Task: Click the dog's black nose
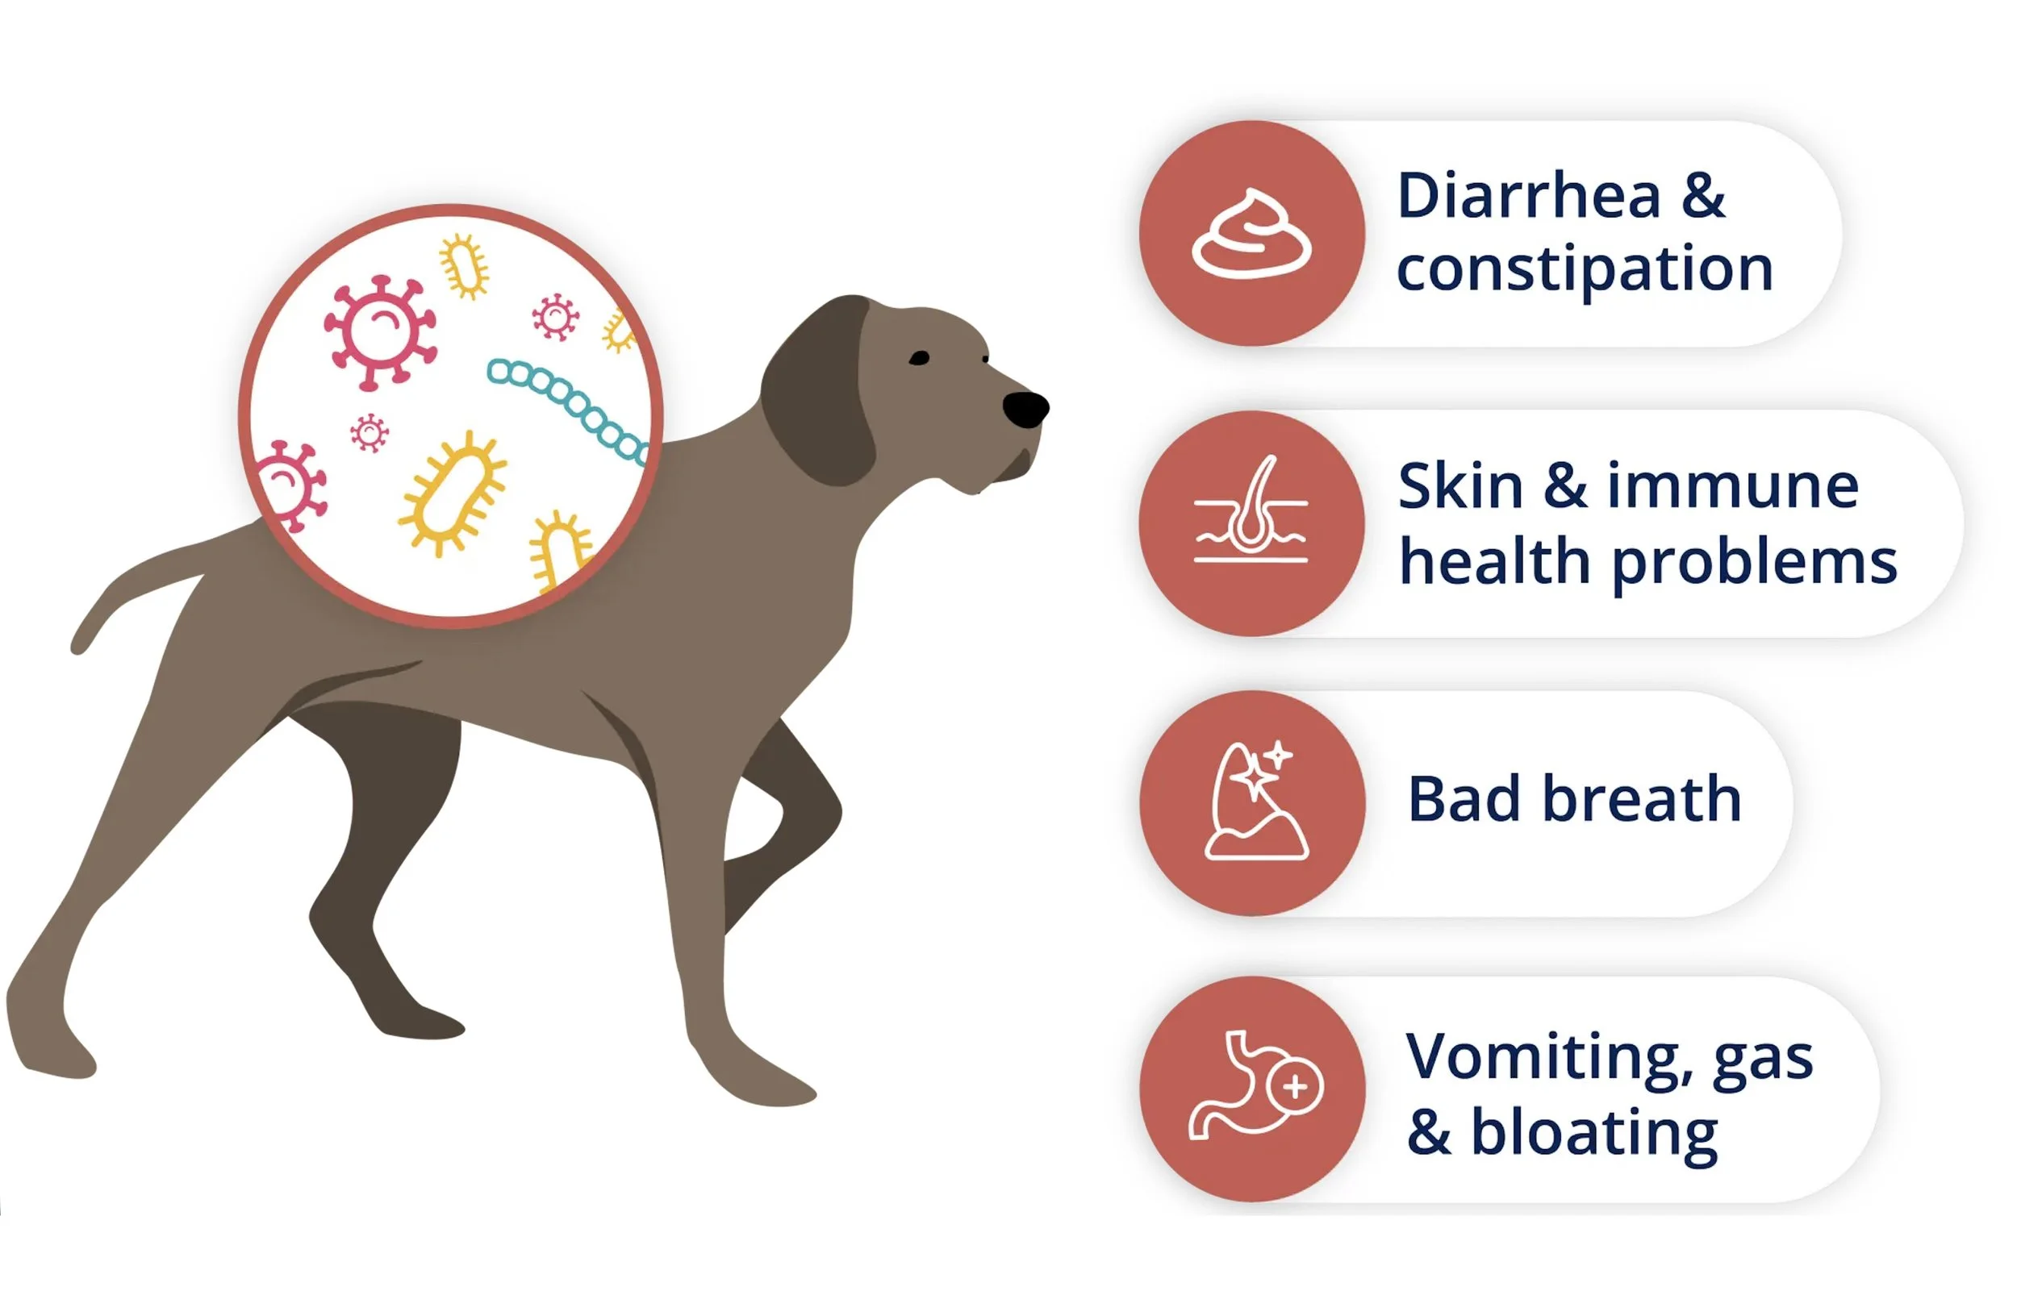coord(1025,409)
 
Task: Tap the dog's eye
coord(919,358)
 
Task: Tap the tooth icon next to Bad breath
coord(1253,803)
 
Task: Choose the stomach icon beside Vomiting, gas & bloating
coord(1253,1086)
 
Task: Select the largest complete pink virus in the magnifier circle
coord(380,331)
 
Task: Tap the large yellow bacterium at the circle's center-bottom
coord(453,493)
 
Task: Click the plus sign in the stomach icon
coord(1296,1087)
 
